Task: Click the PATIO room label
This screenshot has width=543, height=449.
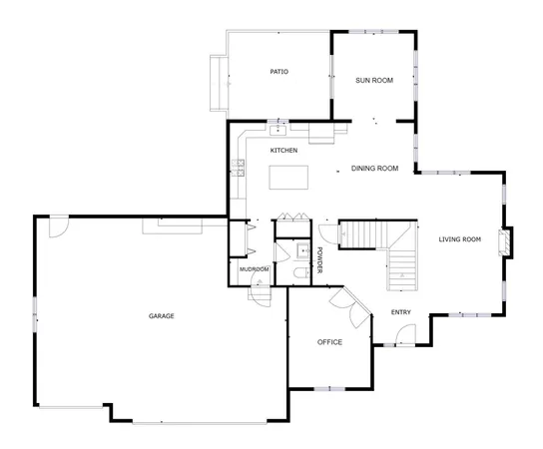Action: point(278,72)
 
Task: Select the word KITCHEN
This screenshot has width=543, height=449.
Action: point(283,151)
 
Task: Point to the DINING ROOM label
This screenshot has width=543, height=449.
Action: point(375,169)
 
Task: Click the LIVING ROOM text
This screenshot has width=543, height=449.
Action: point(460,239)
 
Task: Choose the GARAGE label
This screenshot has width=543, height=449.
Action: point(162,316)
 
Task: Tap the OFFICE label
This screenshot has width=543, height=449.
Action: point(329,342)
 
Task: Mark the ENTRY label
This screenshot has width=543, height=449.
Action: point(401,312)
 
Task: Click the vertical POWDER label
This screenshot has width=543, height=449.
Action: point(320,259)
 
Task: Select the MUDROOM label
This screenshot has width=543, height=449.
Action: point(253,269)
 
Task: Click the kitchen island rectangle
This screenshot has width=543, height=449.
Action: point(289,178)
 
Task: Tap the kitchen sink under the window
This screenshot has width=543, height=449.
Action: point(278,129)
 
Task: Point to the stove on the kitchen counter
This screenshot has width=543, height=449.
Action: point(240,166)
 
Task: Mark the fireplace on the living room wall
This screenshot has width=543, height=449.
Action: point(506,242)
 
